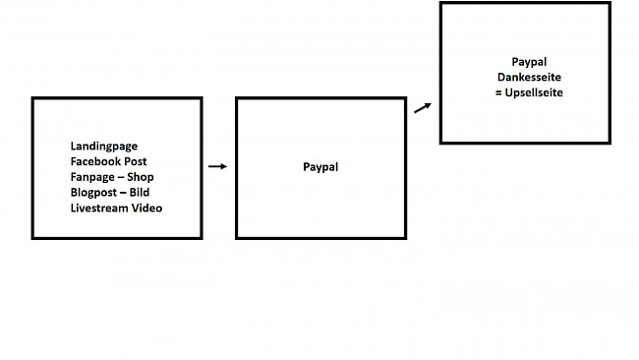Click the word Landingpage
pyautogui.click(x=104, y=146)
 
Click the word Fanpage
pyautogui.click(x=92, y=177)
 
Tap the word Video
pyautogui.click(x=147, y=209)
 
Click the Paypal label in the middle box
pyautogui.click(x=320, y=167)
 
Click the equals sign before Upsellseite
pyautogui.click(x=497, y=92)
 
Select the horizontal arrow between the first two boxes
pyautogui.click(x=218, y=167)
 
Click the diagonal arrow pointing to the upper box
pyautogui.click(x=423, y=107)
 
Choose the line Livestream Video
pyautogui.click(x=116, y=209)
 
